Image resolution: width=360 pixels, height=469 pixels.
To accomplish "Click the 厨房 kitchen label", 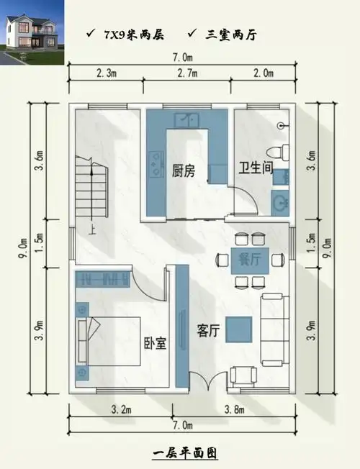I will coord(183,171).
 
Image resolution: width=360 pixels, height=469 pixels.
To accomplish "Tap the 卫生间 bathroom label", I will coord(255,169).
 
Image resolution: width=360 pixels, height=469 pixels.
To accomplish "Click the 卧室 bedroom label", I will coord(155,343).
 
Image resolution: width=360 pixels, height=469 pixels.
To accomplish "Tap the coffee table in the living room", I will coord(239,329).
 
